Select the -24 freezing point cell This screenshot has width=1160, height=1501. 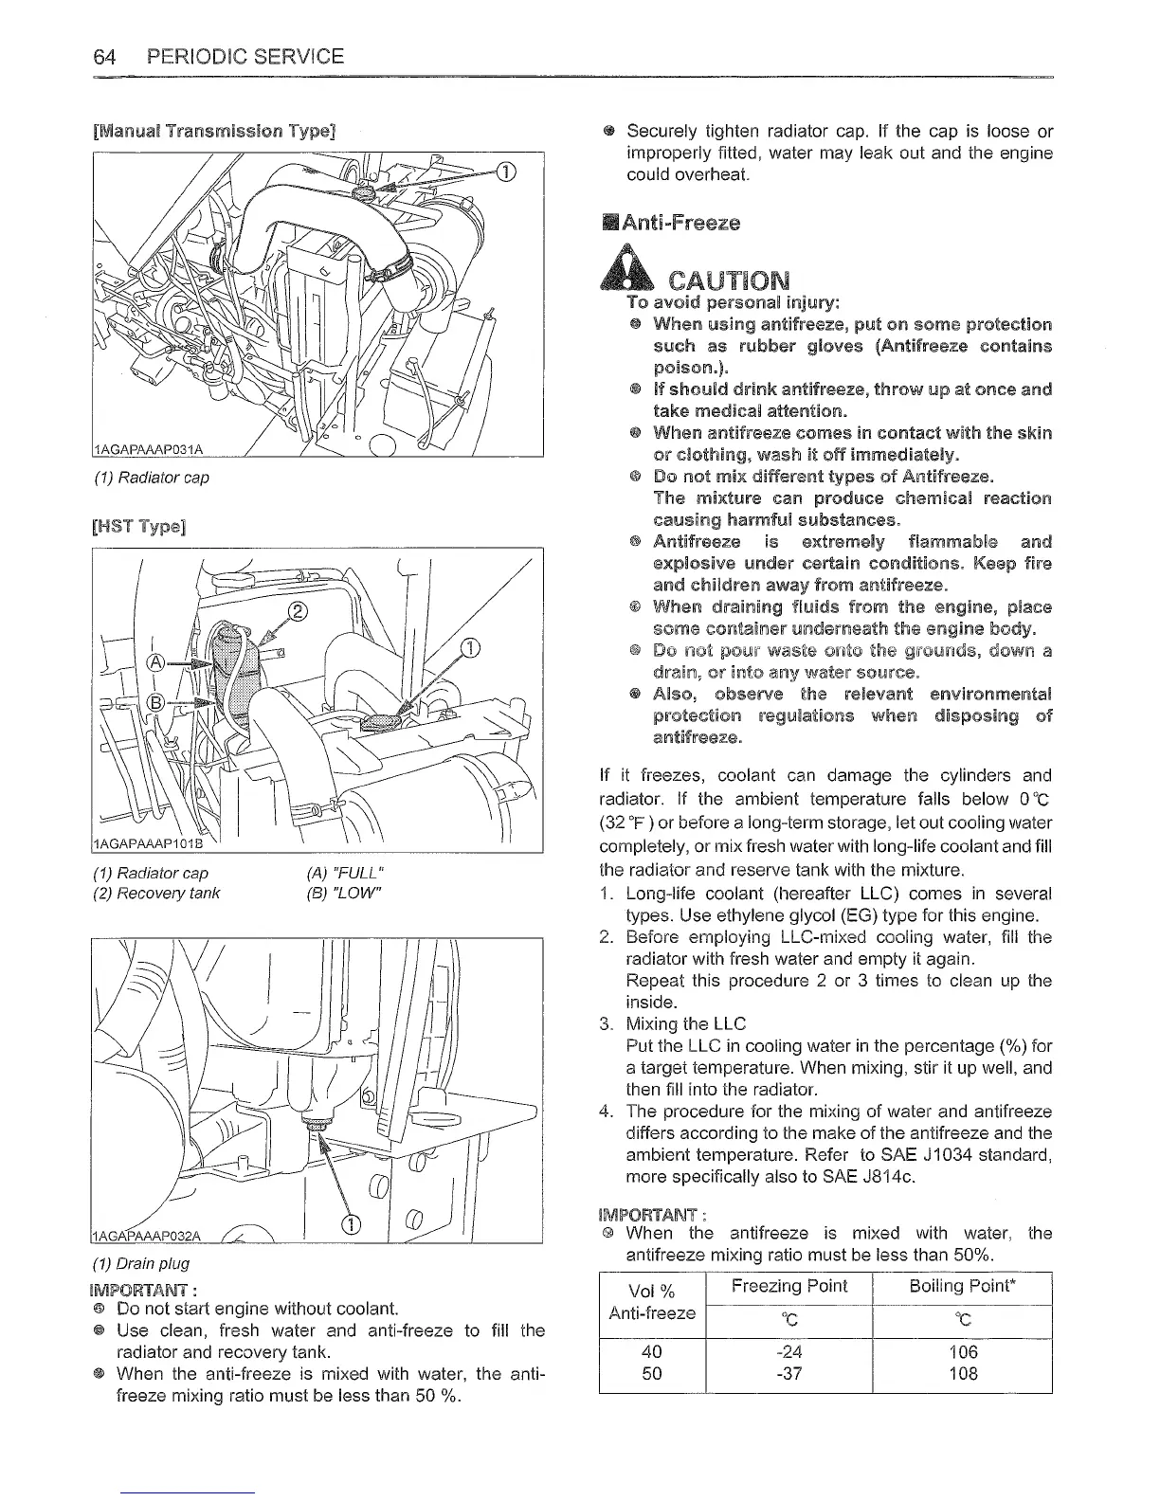[x=788, y=1351]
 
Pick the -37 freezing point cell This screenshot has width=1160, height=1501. [x=788, y=1373]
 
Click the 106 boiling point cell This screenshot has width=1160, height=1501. [x=962, y=1351]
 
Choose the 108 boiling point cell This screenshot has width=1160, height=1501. [x=962, y=1373]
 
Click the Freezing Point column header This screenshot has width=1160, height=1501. [x=789, y=1286]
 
